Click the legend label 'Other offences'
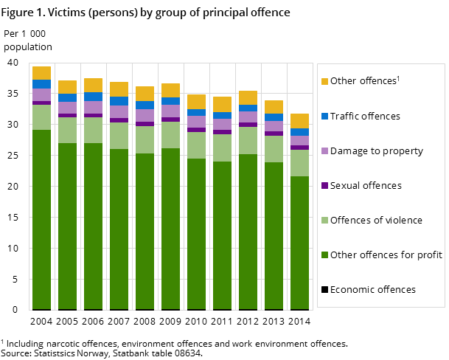[363, 81]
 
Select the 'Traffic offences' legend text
[365, 117]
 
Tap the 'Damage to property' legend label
[377, 151]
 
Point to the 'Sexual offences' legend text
[366, 186]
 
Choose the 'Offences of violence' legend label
[376, 221]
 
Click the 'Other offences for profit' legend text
[386, 255]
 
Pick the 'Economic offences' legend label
[373, 290]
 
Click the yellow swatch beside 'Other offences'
[324, 82]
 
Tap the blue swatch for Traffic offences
[324, 117]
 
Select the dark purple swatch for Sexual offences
[324, 186]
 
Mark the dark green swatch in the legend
[324, 255]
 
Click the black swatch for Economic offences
[324, 290]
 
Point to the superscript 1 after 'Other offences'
[398, 78]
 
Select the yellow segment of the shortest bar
[299, 121]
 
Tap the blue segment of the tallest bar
[41, 84]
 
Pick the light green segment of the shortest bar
[299, 163]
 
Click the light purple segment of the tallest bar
[41, 94]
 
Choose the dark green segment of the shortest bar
[299, 243]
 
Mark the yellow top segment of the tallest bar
[41, 73]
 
